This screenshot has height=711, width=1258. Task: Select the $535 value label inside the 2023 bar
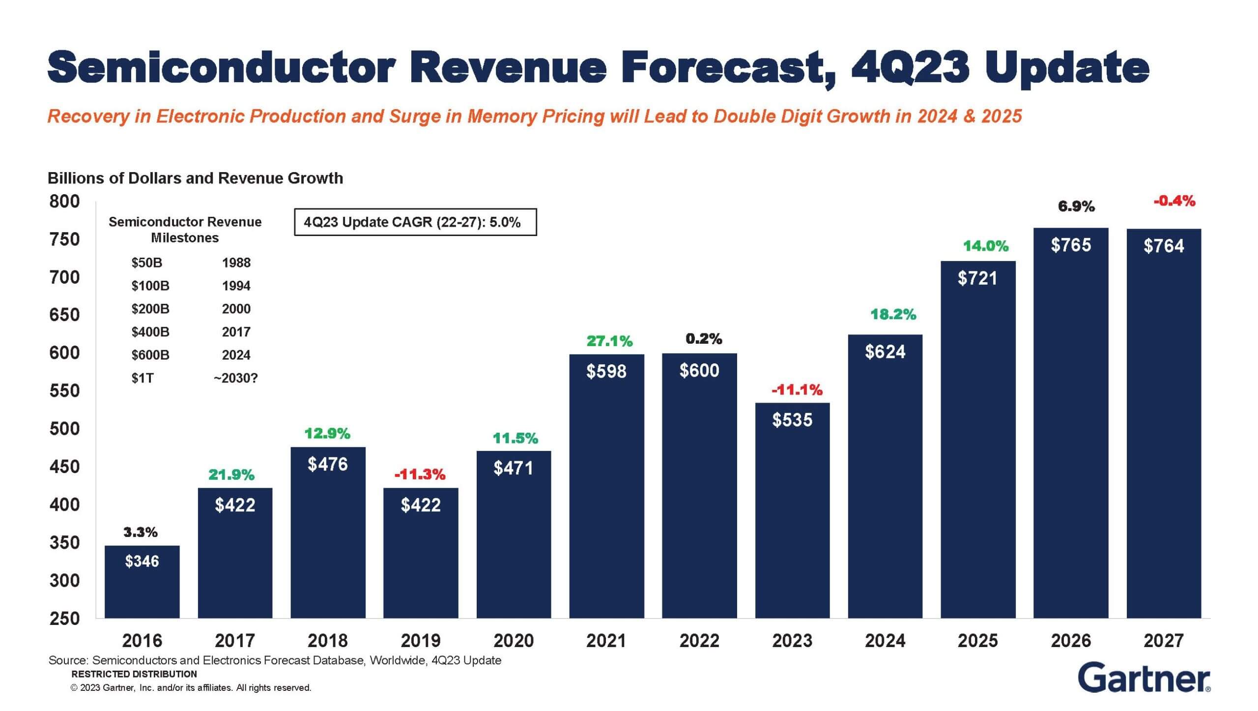click(792, 420)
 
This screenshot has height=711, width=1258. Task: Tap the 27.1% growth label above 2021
click(609, 341)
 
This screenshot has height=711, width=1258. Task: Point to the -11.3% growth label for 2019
click(420, 474)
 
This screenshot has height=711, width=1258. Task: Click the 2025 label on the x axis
click(977, 641)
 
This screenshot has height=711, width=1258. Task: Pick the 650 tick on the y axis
click(64, 315)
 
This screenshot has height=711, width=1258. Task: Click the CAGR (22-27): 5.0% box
click(415, 222)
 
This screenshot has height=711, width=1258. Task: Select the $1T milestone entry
click(143, 378)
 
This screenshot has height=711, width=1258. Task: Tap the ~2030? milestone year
click(236, 378)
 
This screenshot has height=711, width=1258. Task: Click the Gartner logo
click(1144, 679)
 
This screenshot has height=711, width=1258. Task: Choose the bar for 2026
click(1071, 423)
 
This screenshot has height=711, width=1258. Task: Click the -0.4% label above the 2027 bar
click(1174, 201)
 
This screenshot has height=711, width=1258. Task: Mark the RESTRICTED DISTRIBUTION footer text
click(134, 674)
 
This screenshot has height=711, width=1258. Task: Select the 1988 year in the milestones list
click(236, 263)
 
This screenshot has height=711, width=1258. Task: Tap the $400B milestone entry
click(150, 332)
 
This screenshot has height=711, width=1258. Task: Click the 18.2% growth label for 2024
click(893, 314)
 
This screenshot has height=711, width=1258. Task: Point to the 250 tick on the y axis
click(64, 619)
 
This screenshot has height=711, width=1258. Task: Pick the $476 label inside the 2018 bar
click(328, 464)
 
